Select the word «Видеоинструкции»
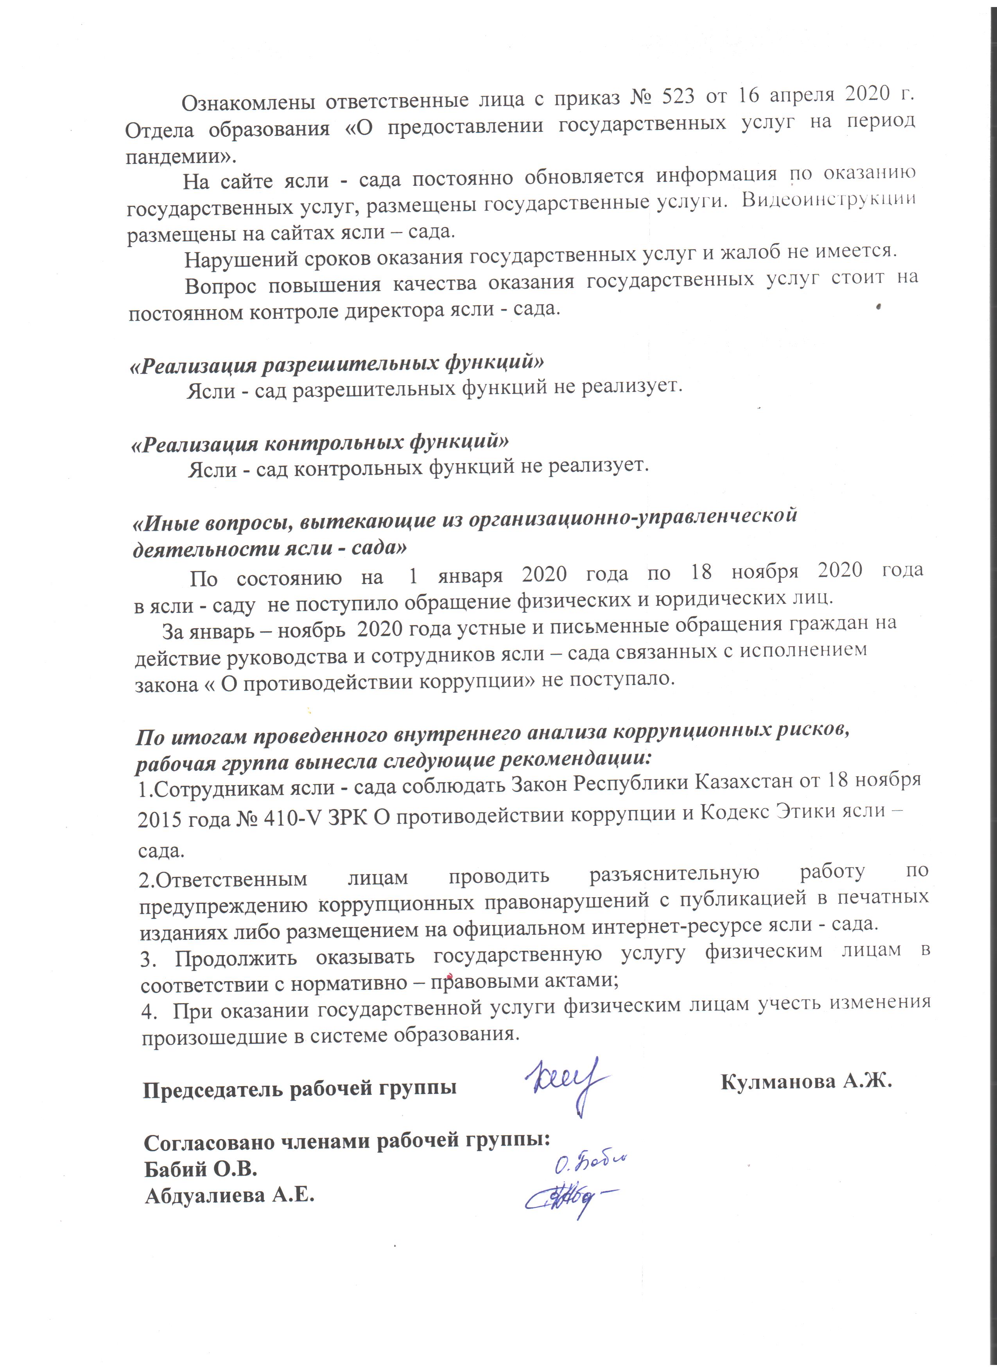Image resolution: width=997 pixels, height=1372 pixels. point(828,199)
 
